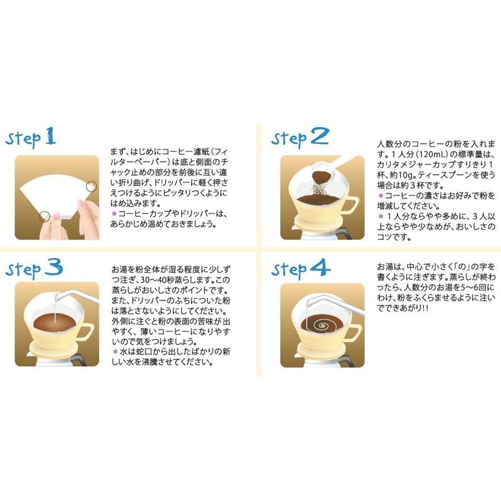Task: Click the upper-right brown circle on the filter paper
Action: [92, 186]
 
